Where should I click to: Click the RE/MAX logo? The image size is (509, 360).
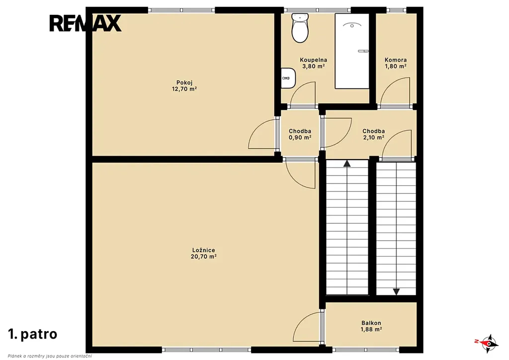(85, 23)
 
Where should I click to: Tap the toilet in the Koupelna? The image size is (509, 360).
(300, 28)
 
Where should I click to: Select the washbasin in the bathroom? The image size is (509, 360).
(288, 78)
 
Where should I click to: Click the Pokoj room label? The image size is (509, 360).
(184, 83)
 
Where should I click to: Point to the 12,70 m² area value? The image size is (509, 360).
(184, 89)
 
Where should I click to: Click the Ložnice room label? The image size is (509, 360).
(203, 250)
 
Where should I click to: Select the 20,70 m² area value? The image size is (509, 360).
(203, 257)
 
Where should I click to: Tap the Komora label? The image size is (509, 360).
(396, 60)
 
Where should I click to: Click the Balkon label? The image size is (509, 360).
(371, 323)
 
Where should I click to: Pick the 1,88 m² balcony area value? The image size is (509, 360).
(371, 329)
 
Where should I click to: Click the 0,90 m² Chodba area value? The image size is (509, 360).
(300, 137)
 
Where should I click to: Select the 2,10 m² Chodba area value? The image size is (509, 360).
(374, 137)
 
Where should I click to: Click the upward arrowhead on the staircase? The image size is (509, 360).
(347, 163)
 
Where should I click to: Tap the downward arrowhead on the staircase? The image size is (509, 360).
(396, 292)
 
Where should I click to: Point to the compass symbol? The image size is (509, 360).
(487, 343)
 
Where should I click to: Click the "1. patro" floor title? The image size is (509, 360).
(33, 334)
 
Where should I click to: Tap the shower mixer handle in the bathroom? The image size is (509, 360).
(363, 51)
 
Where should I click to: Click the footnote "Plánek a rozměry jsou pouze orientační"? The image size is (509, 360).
(50, 357)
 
